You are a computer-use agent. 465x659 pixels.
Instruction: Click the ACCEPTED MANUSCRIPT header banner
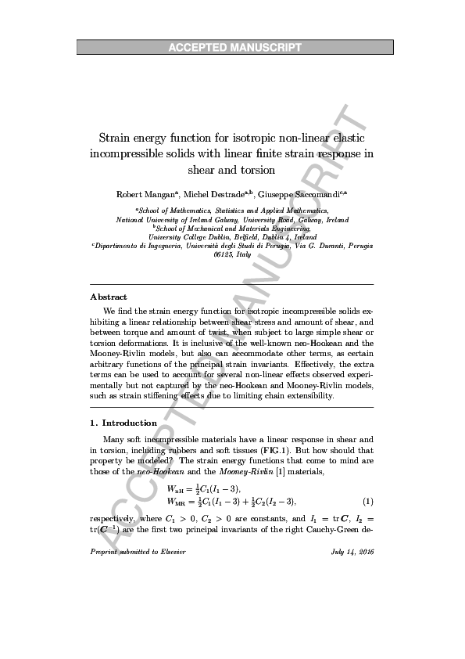point(234,48)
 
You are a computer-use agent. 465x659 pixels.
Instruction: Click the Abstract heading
point(109,297)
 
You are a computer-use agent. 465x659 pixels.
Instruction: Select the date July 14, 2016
point(353,553)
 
